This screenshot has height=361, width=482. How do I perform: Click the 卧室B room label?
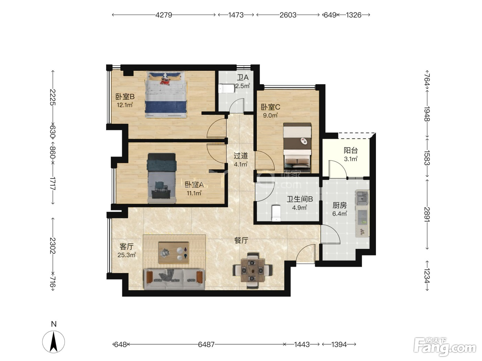click(x=125, y=97)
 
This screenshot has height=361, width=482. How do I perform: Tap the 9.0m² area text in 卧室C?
click(x=271, y=115)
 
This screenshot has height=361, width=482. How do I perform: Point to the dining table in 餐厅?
click(x=252, y=271)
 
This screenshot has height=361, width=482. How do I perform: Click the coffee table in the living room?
click(x=174, y=253)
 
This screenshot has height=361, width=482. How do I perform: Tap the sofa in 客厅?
click(x=174, y=279)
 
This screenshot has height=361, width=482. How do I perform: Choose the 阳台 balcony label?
click(x=351, y=150)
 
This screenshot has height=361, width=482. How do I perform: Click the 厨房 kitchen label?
click(x=339, y=205)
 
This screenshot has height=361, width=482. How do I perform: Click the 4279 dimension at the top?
click(x=164, y=15)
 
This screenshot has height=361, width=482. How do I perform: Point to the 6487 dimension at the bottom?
click(x=206, y=344)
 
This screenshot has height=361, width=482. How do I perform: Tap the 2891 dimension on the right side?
click(x=427, y=214)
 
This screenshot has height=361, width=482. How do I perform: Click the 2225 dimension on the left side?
click(x=53, y=97)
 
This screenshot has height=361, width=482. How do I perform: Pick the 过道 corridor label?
click(x=241, y=156)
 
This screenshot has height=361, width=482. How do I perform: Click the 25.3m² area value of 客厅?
click(x=126, y=255)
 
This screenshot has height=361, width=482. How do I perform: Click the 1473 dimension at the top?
click(x=236, y=15)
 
